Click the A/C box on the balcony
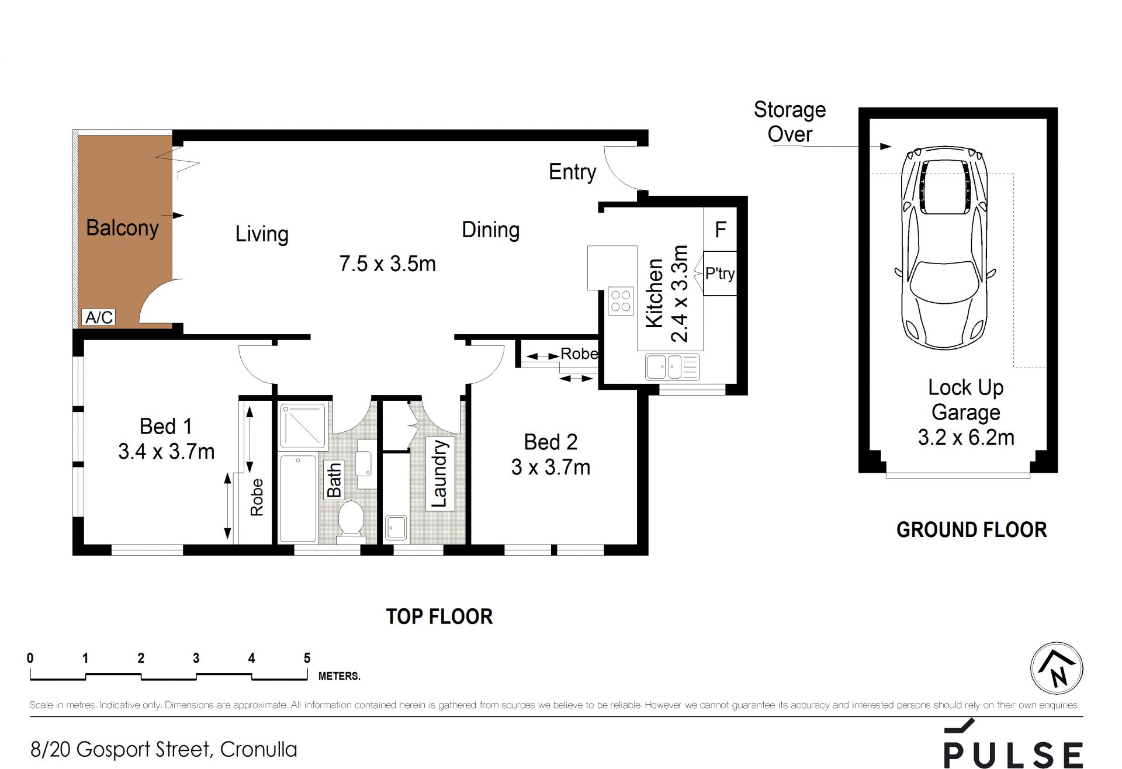click(x=99, y=317)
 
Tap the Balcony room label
click(x=122, y=227)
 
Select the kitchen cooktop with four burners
click(x=621, y=300)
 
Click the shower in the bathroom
click(x=303, y=426)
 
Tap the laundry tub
click(x=396, y=527)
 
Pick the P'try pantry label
click(x=720, y=273)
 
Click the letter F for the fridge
click(x=721, y=230)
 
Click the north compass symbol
click(x=1057, y=668)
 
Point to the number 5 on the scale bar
click(x=307, y=658)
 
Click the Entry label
click(x=572, y=172)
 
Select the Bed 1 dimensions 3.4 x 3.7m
click(x=167, y=452)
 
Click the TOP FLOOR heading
click(x=439, y=616)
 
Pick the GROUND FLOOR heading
click(x=972, y=530)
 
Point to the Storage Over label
click(x=790, y=122)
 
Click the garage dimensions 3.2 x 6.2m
click(x=966, y=437)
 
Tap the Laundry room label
click(x=439, y=473)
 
